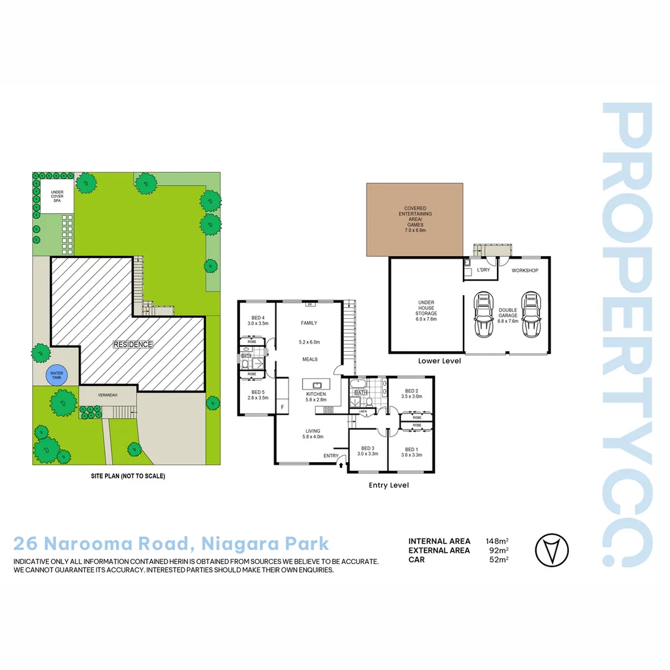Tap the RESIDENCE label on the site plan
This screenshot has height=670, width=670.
133,344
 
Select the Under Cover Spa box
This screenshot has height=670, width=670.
57,196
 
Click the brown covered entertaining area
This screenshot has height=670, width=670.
414,220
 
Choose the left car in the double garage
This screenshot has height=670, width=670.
482,313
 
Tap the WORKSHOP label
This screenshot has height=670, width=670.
524,271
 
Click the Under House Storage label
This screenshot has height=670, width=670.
426,311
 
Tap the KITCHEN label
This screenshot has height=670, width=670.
315,395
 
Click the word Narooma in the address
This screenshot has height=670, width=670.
110,544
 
